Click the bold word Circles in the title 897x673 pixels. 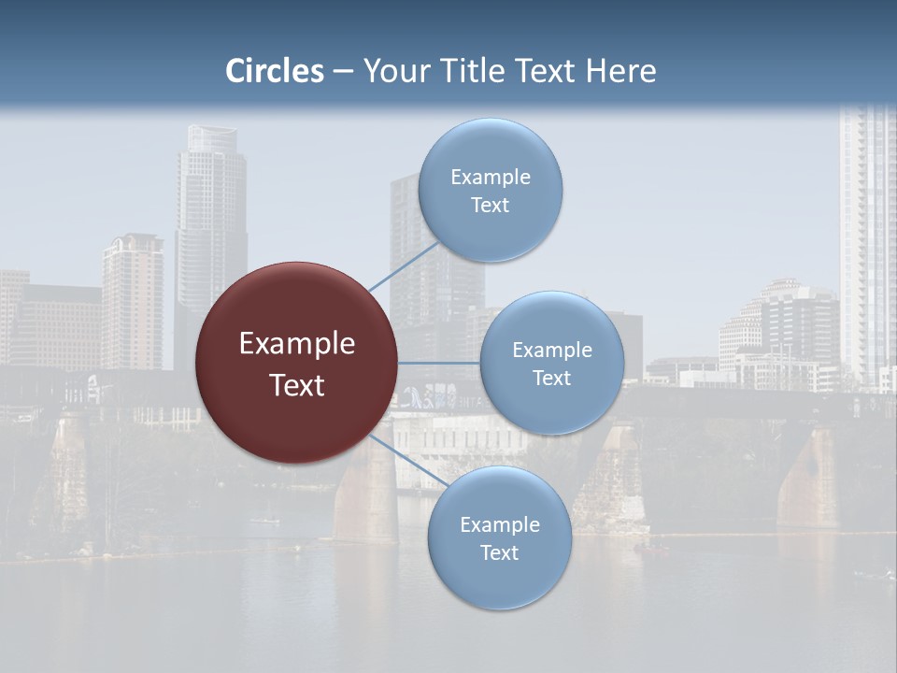(274, 71)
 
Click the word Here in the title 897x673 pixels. (620, 71)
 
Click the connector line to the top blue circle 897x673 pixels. (403, 265)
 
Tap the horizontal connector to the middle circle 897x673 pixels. (439, 363)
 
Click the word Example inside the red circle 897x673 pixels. (296, 344)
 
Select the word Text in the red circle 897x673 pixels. (296, 385)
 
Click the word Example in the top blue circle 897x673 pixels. (490, 178)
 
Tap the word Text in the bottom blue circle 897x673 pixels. (499, 553)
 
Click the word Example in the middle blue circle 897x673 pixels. (551, 351)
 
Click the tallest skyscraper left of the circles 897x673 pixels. (210, 224)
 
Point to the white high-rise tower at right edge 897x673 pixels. (867, 243)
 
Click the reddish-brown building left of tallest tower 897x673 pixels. (132, 299)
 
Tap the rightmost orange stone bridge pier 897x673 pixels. (809, 477)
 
